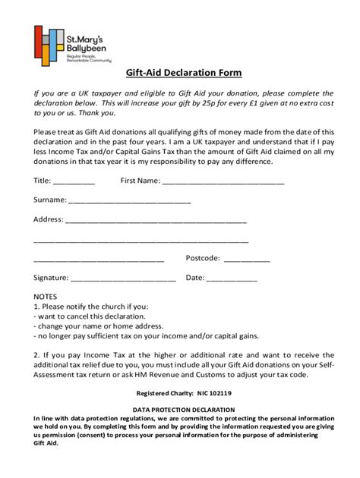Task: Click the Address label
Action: click(x=49, y=220)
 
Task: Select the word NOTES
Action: click(x=46, y=297)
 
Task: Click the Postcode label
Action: click(x=203, y=258)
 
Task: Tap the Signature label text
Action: click(x=52, y=278)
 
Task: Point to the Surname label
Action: click(x=49, y=200)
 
